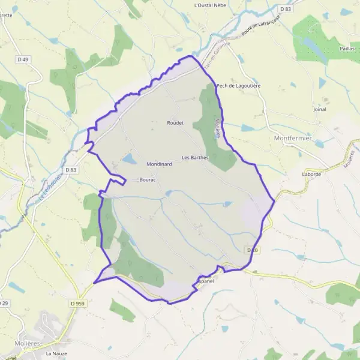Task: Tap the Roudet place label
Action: point(175,122)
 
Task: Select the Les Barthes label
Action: point(190,158)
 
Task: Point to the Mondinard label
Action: point(159,164)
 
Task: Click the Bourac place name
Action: point(148,179)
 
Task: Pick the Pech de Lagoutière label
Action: point(238,86)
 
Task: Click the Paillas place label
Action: point(347,48)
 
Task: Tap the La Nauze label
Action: point(56,354)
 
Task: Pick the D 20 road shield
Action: point(252,250)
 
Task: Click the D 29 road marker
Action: point(4,304)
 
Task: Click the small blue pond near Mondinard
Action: point(129,159)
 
